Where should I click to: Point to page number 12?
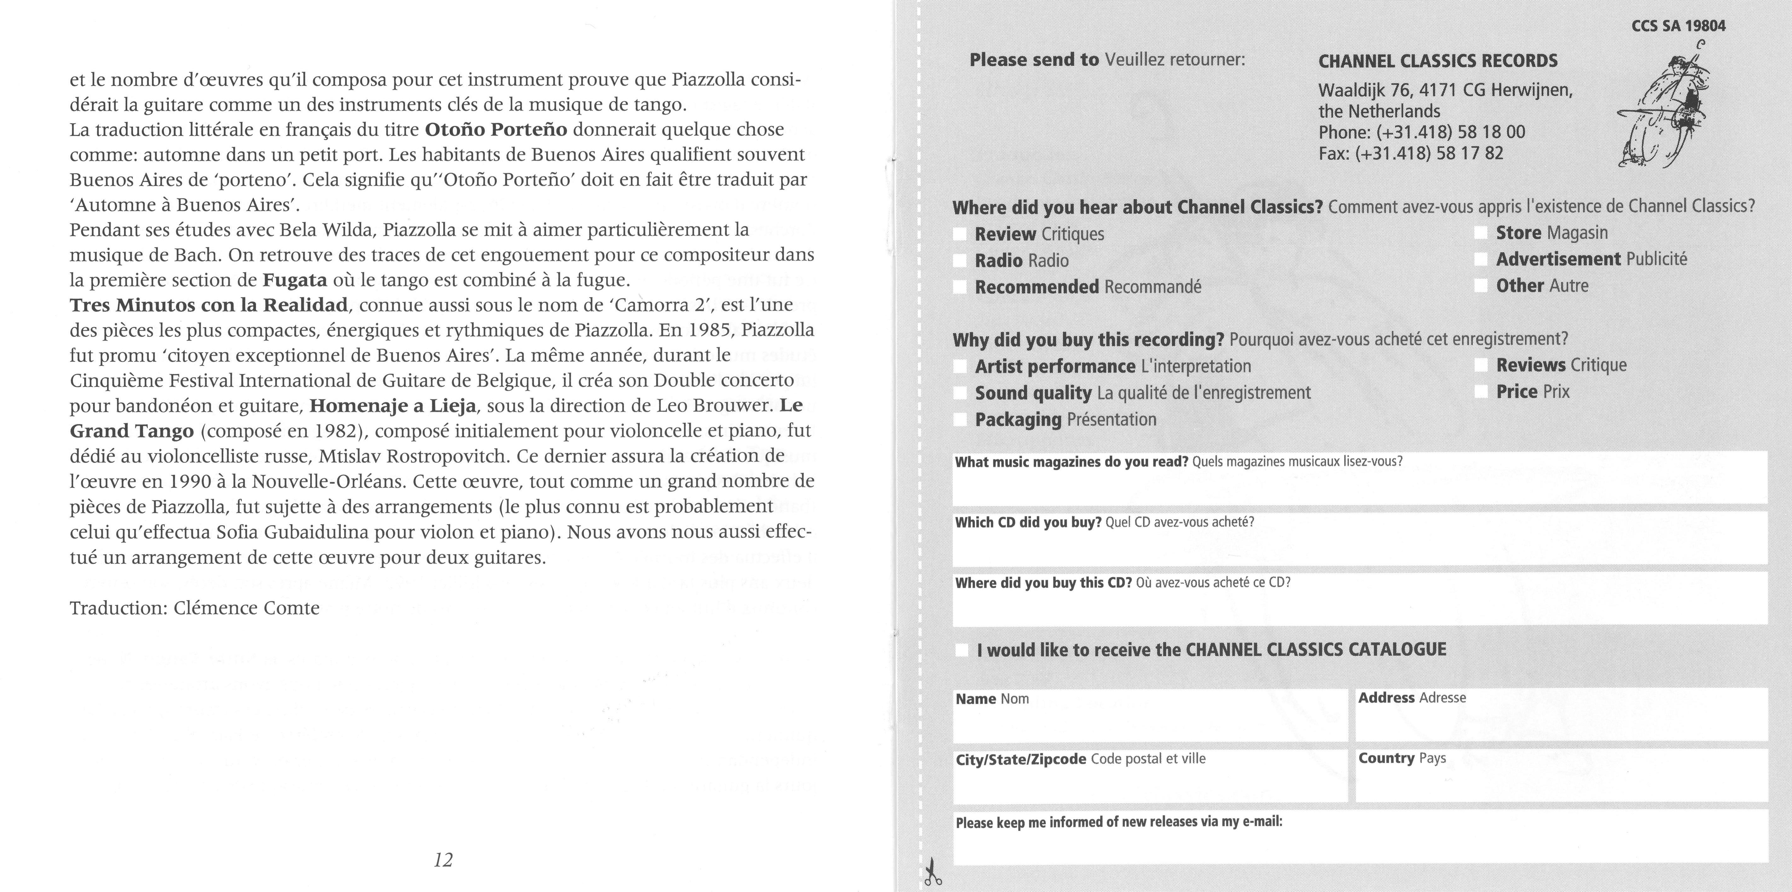443,861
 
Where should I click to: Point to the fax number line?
1411,153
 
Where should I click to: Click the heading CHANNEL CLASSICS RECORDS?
1438,61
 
